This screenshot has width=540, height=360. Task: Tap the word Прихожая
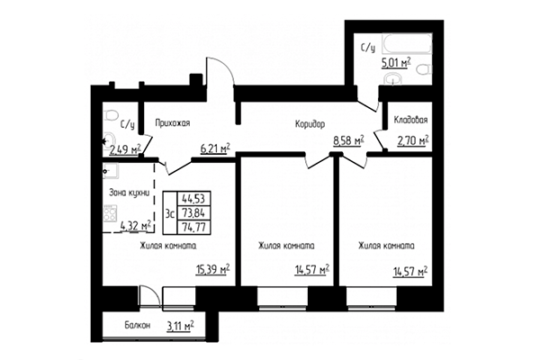pyautogui.click(x=172, y=123)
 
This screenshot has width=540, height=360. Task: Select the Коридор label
pyautogui.click(x=309, y=123)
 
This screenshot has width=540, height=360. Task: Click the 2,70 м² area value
pyautogui.click(x=412, y=140)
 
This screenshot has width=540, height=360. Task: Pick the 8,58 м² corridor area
pyautogui.click(x=347, y=140)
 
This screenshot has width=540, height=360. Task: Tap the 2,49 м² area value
pyautogui.click(x=125, y=148)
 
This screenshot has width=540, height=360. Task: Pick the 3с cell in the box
pyautogui.click(x=168, y=212)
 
